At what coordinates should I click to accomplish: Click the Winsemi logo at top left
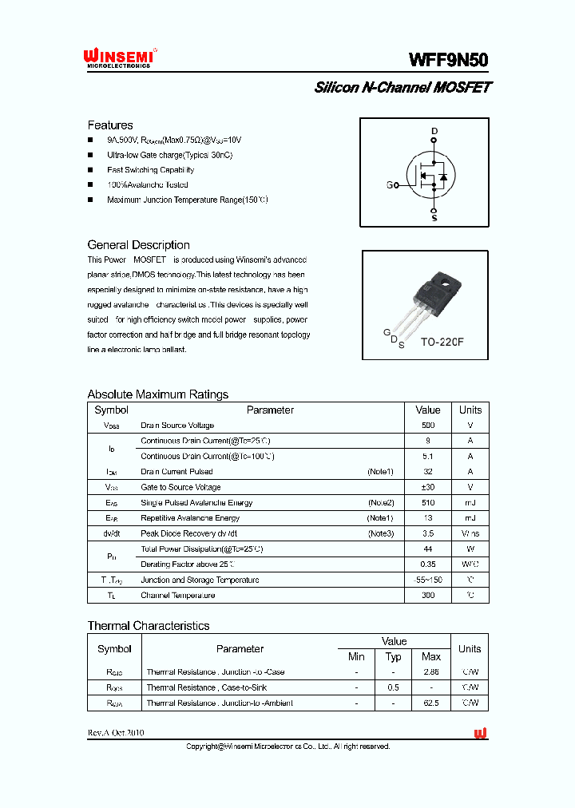click(x=119, y=57)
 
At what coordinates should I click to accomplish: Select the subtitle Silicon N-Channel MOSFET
click(x=402, y=88)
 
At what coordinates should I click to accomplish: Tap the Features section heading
click(x=109, y=125)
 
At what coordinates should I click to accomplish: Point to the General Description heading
click(x=138, y=245)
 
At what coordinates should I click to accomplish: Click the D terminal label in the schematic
click(x=434, y=130)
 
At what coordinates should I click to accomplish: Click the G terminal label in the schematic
click(x=390, y=185)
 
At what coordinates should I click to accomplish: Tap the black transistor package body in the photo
click(x=440, y=289)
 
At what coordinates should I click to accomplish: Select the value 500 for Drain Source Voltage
click(x=428, y=426)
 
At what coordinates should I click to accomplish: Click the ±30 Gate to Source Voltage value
click(x=428, y=487)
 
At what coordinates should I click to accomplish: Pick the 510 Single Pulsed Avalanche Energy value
click(x=428, y=503)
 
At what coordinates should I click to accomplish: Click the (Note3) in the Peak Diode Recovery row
click(x=380, y=533)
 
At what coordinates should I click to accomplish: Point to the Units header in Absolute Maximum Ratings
click(x=470, y=410)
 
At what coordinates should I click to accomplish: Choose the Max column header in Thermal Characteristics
click(x=430, y=656)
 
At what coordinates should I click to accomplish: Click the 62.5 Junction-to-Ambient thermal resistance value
click(x=430, y=703)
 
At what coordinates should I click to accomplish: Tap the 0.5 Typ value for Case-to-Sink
click(x=393, y=687)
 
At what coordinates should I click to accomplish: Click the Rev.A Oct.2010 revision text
click(x=116, y=733)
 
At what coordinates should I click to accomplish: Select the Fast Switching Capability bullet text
click(x=150, y=170)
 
